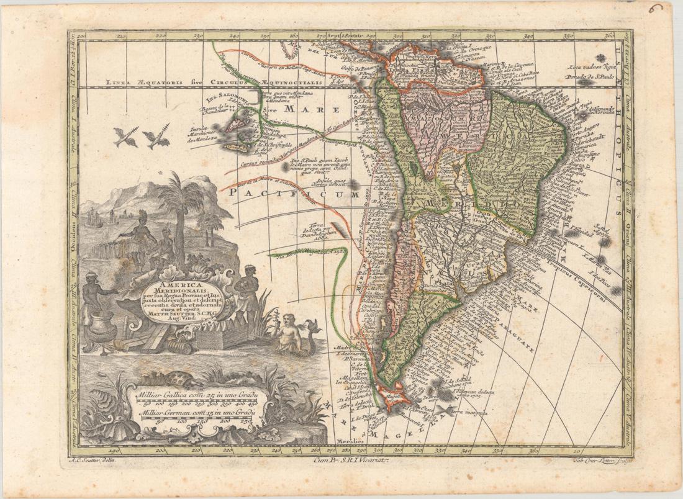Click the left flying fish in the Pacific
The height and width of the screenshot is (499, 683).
125,137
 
